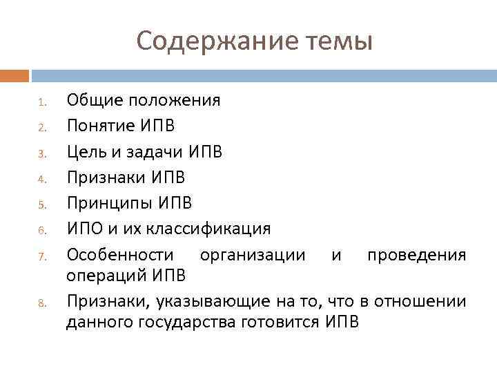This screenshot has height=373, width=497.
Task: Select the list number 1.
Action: coord(42,102)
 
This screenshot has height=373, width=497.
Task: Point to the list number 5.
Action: coord(42,204)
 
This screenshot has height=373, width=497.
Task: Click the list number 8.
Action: coord(42,303)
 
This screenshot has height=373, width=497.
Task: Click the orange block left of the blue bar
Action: coord(14,75)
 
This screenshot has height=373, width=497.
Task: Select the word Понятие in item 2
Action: coord(101,126)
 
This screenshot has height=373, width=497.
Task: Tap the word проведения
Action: coord(416,254)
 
